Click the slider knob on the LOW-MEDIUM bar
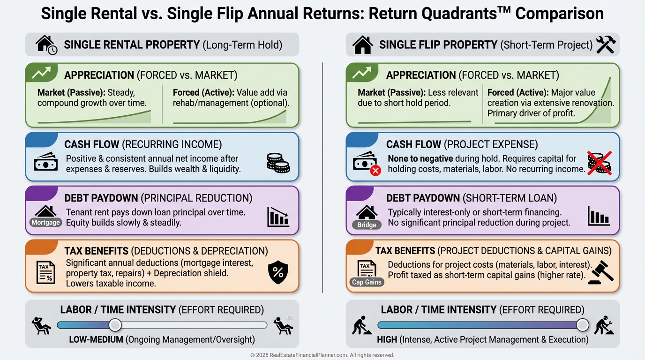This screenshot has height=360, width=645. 115,325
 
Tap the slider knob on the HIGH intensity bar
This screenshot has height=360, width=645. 583,325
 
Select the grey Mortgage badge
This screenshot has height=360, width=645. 46,222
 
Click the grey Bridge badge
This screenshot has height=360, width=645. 367,225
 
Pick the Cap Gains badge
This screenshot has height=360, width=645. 367,282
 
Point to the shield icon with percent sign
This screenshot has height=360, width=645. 278,272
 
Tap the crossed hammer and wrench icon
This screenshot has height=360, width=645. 606,45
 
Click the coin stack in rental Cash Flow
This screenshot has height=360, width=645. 278,163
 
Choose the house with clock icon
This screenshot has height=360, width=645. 46,45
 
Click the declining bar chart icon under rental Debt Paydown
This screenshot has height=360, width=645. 278,217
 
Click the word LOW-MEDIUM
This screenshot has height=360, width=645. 96,339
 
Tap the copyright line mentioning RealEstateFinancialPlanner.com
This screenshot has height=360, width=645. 322,355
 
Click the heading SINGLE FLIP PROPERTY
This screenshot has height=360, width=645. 438,45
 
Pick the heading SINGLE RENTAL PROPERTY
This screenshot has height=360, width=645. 132,45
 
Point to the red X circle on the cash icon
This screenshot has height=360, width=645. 375,170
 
